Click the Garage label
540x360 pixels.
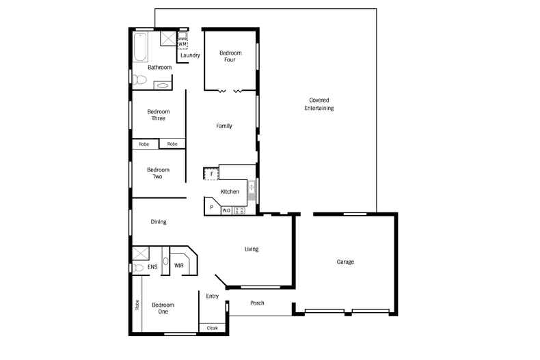click(345, 262)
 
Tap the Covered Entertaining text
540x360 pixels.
click(319, 104)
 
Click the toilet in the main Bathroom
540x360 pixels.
click(140, 81)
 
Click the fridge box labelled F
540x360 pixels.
click(211, 174)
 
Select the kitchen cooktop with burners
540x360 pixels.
click(240, 211)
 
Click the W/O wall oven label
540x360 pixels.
click(226, 211)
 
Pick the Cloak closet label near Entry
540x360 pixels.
click(212, 328)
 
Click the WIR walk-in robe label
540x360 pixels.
click(178, 265)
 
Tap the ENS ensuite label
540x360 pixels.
click(152, 266)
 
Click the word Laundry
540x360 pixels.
click(190, 55)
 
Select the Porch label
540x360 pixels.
click(257, 303)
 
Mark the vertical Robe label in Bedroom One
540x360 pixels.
click(137, 305)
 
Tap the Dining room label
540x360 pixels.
click(159, 222)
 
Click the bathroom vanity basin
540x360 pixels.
click(163, 85)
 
